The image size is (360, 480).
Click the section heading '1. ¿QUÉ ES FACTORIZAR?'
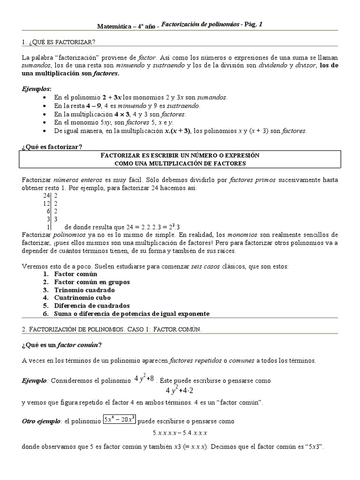pyautogui.click(x=59, y=42)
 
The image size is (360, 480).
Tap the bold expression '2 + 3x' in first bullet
pyautogui.click(x=112, y=97)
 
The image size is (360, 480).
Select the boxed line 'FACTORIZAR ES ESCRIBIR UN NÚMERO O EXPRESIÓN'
pyautogui.click(x=180, y=155)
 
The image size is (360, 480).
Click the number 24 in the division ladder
pyautogui.click(x=46, y=195)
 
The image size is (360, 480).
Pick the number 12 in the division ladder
pyautogui.click(x=46, y=203)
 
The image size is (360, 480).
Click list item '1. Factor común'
pyautogui.click(x=70, y=274)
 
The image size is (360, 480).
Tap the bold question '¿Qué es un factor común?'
pyautogui.click(x=62, y=345)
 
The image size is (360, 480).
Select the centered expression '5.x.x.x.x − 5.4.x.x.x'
pyautogui.click(x=180, y=433)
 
